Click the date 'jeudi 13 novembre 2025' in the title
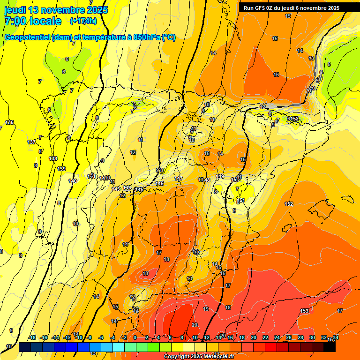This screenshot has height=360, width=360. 56,10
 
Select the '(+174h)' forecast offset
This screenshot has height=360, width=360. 83,21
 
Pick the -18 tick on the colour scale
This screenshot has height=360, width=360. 32,337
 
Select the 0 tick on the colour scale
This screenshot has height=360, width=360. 135,337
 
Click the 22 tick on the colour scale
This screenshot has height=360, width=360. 265,337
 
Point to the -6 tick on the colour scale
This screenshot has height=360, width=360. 101,337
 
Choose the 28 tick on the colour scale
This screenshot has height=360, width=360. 300,337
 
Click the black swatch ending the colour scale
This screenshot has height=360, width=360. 330,347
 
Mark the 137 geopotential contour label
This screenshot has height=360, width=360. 31,142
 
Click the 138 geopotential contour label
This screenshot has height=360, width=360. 53,158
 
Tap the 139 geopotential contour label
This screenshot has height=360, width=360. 61,169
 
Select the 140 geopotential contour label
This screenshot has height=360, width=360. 72,181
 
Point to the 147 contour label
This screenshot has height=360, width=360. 179,179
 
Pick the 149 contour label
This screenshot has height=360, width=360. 220,176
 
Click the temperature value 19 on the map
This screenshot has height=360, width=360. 206,309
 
